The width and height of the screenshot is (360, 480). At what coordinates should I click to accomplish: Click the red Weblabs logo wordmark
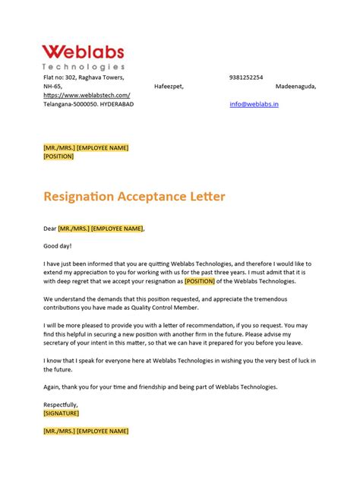tap(83, 52)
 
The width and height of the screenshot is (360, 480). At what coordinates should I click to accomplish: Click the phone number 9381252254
tap(246, 77)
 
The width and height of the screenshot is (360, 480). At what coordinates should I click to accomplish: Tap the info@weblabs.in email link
tap(254, 104)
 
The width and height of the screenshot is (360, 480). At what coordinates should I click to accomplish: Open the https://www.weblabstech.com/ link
tap(87, 95)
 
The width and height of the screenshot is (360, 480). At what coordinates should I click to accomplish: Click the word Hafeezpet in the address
tap(169, 87)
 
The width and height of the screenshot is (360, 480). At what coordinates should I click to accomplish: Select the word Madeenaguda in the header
tap(295, 87)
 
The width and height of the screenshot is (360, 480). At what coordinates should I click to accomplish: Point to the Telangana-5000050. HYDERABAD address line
tap(88, 104)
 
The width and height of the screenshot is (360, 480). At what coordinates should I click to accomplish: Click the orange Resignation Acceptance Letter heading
tap(134, 197)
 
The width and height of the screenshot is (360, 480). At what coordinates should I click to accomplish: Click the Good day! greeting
tap(57, 245)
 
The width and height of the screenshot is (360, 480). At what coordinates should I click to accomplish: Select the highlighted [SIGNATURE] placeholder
tap(62, 414)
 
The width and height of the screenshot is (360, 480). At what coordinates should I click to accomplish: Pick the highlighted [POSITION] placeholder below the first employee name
tap(58, 156)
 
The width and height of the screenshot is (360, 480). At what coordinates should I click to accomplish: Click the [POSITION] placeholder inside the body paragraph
tap(216, 281)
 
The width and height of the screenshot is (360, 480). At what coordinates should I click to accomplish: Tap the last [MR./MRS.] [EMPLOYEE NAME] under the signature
tap(86, 431)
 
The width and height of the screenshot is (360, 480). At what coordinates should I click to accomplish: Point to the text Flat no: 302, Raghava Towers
tap(84, 77)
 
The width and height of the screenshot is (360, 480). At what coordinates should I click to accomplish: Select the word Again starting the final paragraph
tap(52, 387)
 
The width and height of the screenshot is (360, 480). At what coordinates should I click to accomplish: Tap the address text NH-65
tap(52, 87)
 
